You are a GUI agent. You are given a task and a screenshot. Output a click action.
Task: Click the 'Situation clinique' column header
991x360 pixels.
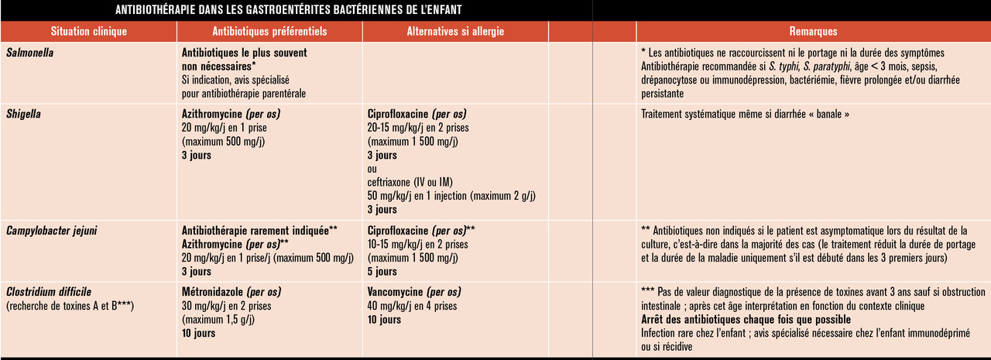tap(88, 32)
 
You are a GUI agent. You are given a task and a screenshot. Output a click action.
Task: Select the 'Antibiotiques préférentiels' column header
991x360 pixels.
tap(269, 32)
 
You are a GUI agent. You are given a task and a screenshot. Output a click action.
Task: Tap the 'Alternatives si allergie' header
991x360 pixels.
tap(455, 32)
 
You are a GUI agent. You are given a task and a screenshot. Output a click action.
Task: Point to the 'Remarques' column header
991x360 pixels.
tap(813, 32)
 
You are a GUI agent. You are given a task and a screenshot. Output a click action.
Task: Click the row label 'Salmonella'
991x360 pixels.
tap(29, 53)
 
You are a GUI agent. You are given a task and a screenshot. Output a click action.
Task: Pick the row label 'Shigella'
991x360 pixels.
tap(23, 114)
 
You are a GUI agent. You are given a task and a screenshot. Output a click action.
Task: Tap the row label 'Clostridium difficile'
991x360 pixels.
tap(49, 292)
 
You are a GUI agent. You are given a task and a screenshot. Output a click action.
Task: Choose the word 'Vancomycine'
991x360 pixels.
tap(395, 292)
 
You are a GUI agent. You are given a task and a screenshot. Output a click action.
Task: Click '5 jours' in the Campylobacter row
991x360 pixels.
tap(382, 272)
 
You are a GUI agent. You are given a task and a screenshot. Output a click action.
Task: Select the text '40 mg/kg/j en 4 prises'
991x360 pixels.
tap(412, 306)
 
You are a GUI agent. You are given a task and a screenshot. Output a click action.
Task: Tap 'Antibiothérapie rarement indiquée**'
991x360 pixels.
tap(259, 231)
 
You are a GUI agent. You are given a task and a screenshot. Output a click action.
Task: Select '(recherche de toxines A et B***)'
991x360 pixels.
tap(70, 306)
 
